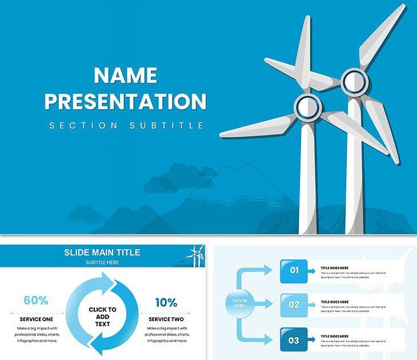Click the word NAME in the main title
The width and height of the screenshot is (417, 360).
[x=125, y=75]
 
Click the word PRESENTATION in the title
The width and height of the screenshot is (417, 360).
[x=125, y=101]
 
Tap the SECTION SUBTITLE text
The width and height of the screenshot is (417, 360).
[x=126, y=125]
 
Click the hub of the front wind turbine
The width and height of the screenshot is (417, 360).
[x=308, y=106]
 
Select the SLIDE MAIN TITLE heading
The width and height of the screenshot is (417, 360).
[x=102, y=253]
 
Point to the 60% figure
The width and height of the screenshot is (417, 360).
[x=35, y=301]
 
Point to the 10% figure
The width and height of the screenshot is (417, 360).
[x=166, y=302]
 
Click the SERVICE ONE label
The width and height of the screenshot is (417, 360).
[x=36, y=319]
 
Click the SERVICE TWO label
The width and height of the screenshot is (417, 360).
[x=166, y=319]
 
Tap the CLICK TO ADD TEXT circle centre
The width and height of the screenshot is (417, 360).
[x=102, y=316]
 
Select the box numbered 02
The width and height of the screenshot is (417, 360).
[x=294, y=305]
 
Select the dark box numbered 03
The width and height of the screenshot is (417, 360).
[x=294, y=340]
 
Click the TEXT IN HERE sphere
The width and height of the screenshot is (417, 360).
[x=239, y=303]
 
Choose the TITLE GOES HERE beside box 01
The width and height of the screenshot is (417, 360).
[x=334, y=267]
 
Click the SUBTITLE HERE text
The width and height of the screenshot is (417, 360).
[x=102, y=262]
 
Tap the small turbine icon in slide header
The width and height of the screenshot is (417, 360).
[x=195, y=255]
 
